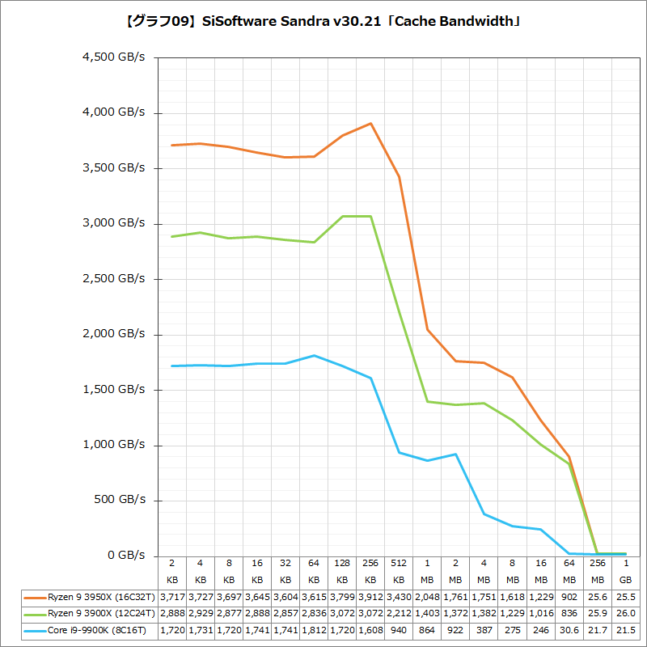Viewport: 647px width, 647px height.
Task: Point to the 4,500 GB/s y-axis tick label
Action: coord(114,57)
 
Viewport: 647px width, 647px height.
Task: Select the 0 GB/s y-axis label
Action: coord(128,556)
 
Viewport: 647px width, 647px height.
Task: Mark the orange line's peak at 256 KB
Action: coord(370,124)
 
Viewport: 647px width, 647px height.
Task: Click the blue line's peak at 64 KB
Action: coord(314,356)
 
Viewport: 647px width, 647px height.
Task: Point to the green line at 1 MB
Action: coord(427,401)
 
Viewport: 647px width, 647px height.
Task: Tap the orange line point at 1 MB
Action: coord(427,329)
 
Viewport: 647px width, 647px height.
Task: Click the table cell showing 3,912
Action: coord(370,597)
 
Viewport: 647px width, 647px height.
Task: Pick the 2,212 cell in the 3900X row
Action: coord(399,614)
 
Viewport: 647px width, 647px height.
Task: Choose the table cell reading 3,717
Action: coord(172,597)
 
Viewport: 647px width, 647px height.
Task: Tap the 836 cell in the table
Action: coord(569,614)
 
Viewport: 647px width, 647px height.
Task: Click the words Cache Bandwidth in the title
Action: coord(462,22)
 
